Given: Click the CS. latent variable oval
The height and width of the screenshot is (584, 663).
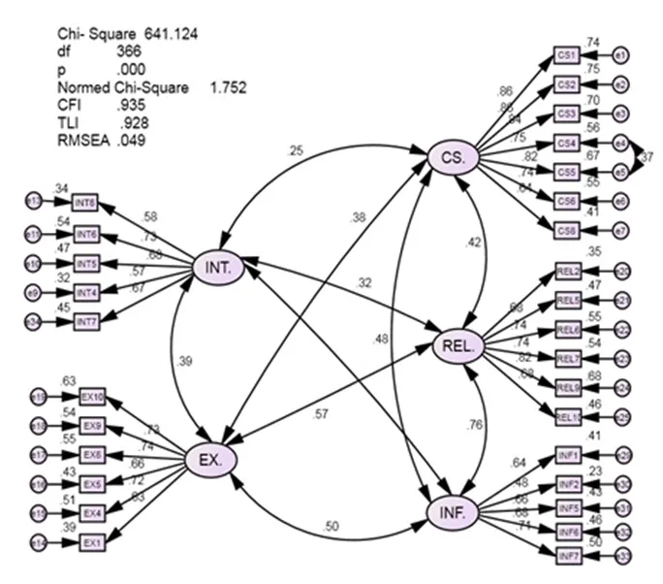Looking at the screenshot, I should pyautogui.click(x=453, y=156).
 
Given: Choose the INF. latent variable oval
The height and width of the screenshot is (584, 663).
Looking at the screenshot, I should pyautogui.click(x=453, y=509).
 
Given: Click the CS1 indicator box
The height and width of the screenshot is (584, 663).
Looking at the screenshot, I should pyautogui.click(x=566, y=55).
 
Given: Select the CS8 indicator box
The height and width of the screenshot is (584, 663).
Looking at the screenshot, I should pyautogui.click(x=566, y=229).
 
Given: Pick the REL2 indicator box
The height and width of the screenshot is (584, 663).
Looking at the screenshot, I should pyautogui.click(x=568, y=271).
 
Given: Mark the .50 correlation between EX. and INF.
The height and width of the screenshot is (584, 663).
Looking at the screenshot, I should pyautogui.click(x=331, y=526).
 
